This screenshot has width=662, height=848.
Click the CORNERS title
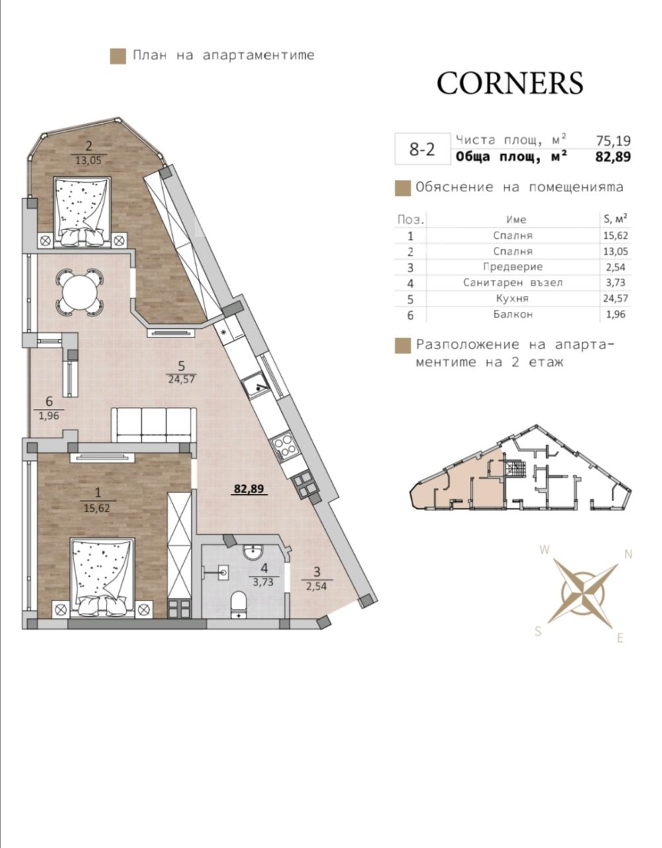click(510, 83)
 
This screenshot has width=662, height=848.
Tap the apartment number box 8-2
click(422, 149)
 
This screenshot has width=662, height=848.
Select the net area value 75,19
click(613, 140)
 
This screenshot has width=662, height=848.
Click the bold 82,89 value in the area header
click(613, 156)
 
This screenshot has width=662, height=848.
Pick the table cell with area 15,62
click(616, 236)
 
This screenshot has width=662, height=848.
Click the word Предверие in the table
click(512, 267)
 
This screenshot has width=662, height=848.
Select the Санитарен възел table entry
click(512, 283)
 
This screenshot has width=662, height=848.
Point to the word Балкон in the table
click(512, 314)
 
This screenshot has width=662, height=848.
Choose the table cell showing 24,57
click(616, 299)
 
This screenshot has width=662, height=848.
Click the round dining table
click(80, 293)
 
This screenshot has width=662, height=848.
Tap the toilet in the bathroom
click(239, 605)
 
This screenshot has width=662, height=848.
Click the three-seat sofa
click(154, 424)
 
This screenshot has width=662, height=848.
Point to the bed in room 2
click(81, 212)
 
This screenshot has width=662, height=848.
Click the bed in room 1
click(102, 578)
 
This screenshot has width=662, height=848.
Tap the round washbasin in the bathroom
click(253, 552)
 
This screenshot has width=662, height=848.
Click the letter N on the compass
click(628, 554)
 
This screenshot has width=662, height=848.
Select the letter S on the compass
click(538, 631)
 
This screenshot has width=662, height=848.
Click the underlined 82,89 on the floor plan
click(249, 489)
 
